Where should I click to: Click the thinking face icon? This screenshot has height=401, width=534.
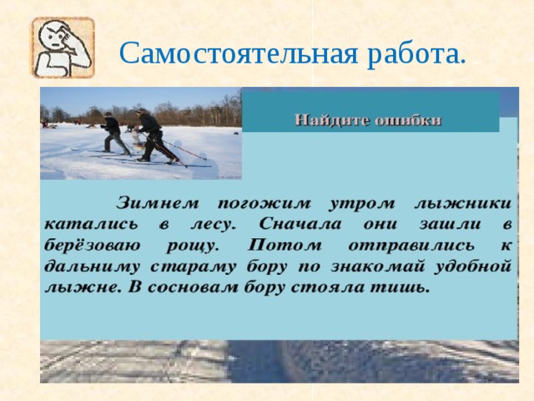click(x=63, y=48)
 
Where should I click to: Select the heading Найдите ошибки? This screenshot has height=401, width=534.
click(x=368, y=119)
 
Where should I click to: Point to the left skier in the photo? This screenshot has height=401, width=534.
click(x=113, y=134)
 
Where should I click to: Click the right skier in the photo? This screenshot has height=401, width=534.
click(x=152, y=135)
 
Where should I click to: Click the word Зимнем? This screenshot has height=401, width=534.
click(x=158, y=202)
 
